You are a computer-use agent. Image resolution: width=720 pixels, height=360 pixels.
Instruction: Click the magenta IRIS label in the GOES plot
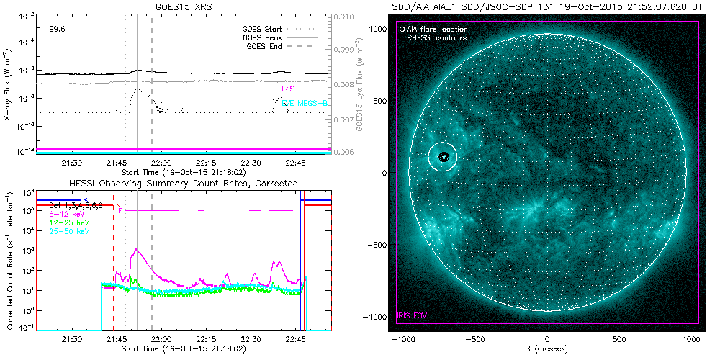click(x=288, y=89)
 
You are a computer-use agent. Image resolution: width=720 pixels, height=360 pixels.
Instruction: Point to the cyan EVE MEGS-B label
click(x=305, y=104)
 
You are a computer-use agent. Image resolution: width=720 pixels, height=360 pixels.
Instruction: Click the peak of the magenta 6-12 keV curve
click(x=137, y=250)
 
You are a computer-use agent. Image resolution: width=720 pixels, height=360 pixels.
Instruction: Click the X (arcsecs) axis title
click(x=548, y=348)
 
